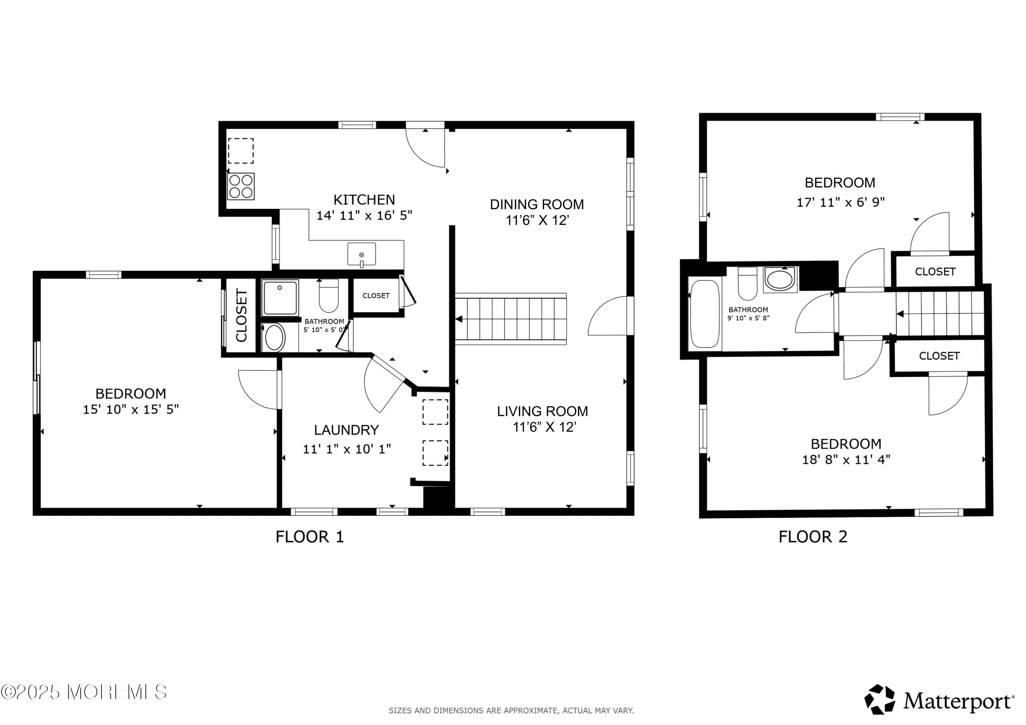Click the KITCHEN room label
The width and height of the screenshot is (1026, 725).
[364, 200]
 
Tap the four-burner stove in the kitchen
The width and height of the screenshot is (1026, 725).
[241, 186]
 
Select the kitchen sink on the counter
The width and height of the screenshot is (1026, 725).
[361, 255]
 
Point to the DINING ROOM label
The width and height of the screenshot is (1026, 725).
[537, 205]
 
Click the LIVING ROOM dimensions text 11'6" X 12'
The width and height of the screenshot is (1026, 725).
[544, 427]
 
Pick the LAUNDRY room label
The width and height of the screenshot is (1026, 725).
[346, 430]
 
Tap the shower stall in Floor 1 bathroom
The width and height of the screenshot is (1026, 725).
[280, 297]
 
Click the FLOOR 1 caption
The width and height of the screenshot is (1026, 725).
[309, 537]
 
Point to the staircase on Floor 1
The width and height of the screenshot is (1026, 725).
[511, 319]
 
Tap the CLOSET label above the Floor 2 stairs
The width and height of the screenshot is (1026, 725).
[935, 272]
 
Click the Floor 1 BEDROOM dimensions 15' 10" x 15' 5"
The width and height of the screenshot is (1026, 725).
[131, 409]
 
